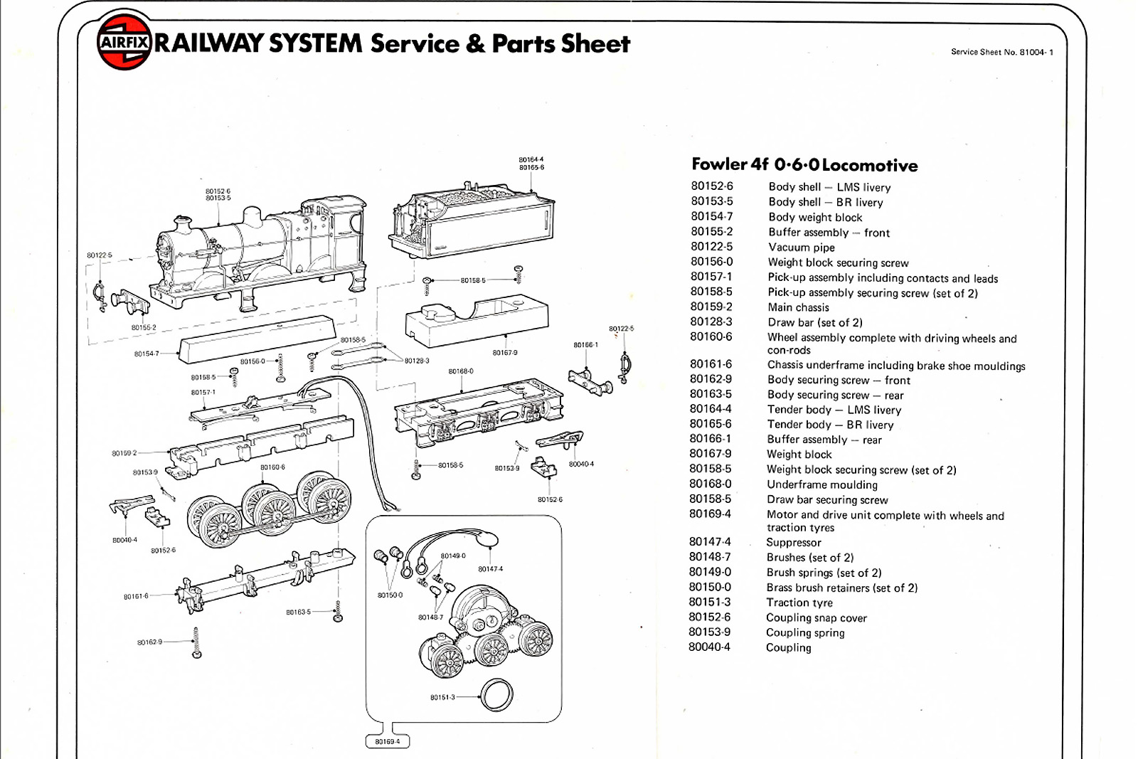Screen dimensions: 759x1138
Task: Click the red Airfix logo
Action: (x=124, y=43)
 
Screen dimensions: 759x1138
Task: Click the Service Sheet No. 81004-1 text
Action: (x=1001, y=52)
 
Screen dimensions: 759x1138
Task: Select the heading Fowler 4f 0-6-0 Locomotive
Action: (x=804, y=165)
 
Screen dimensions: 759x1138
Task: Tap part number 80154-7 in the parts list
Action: (x=711, y=216)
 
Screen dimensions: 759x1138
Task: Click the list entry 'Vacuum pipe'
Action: (x=801, y=248)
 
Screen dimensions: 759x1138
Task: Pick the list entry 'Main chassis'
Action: (x=798, y=307)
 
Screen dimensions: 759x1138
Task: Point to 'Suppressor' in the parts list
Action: (x=793, y=542)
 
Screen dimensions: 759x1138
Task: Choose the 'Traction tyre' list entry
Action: (x=799, y=603)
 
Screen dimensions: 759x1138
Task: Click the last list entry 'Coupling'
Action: (x=788, y=647)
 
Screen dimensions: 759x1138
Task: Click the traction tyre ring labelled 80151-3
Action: (x=496, y=695)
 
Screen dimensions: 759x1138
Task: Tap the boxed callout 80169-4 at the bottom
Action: (x=388, y=742)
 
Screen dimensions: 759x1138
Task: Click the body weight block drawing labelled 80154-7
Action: (x=256, y=339)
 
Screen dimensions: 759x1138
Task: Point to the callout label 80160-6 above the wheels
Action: (x=272, y=467)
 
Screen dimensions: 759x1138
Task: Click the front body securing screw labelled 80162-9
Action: (x=196, y=642)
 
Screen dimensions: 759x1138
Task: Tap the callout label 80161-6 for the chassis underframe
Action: (x=136, y=596)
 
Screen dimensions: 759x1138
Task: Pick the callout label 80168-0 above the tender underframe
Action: (x=460, y=371)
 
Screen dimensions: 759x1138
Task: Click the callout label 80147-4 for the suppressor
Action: (x=490, y=569)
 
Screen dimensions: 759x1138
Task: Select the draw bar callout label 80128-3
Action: (x=417, y=361)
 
